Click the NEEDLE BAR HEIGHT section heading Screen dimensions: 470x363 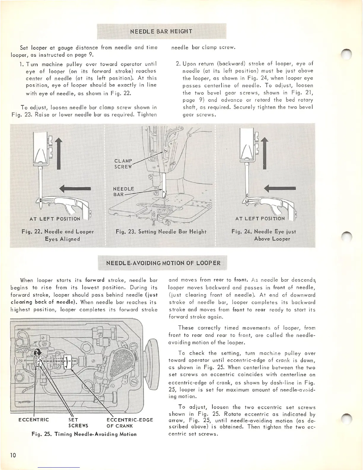(x=161, y=31)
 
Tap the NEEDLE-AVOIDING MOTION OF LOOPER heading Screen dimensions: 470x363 (x=163, y=263)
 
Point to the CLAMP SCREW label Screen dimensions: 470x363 (x=123, y=164)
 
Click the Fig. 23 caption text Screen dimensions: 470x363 (x=161, y=232)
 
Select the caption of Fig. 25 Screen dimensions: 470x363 (x=84, y=434)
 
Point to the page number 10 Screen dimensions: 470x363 (x=13, y=455)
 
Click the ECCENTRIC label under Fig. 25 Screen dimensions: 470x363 (x=34, y=420)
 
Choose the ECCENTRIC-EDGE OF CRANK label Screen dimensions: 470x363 (x=130, y=423)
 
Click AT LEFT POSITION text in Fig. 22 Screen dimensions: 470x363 (x=55, y=219)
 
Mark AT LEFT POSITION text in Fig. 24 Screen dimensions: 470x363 (x=260, y=219)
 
